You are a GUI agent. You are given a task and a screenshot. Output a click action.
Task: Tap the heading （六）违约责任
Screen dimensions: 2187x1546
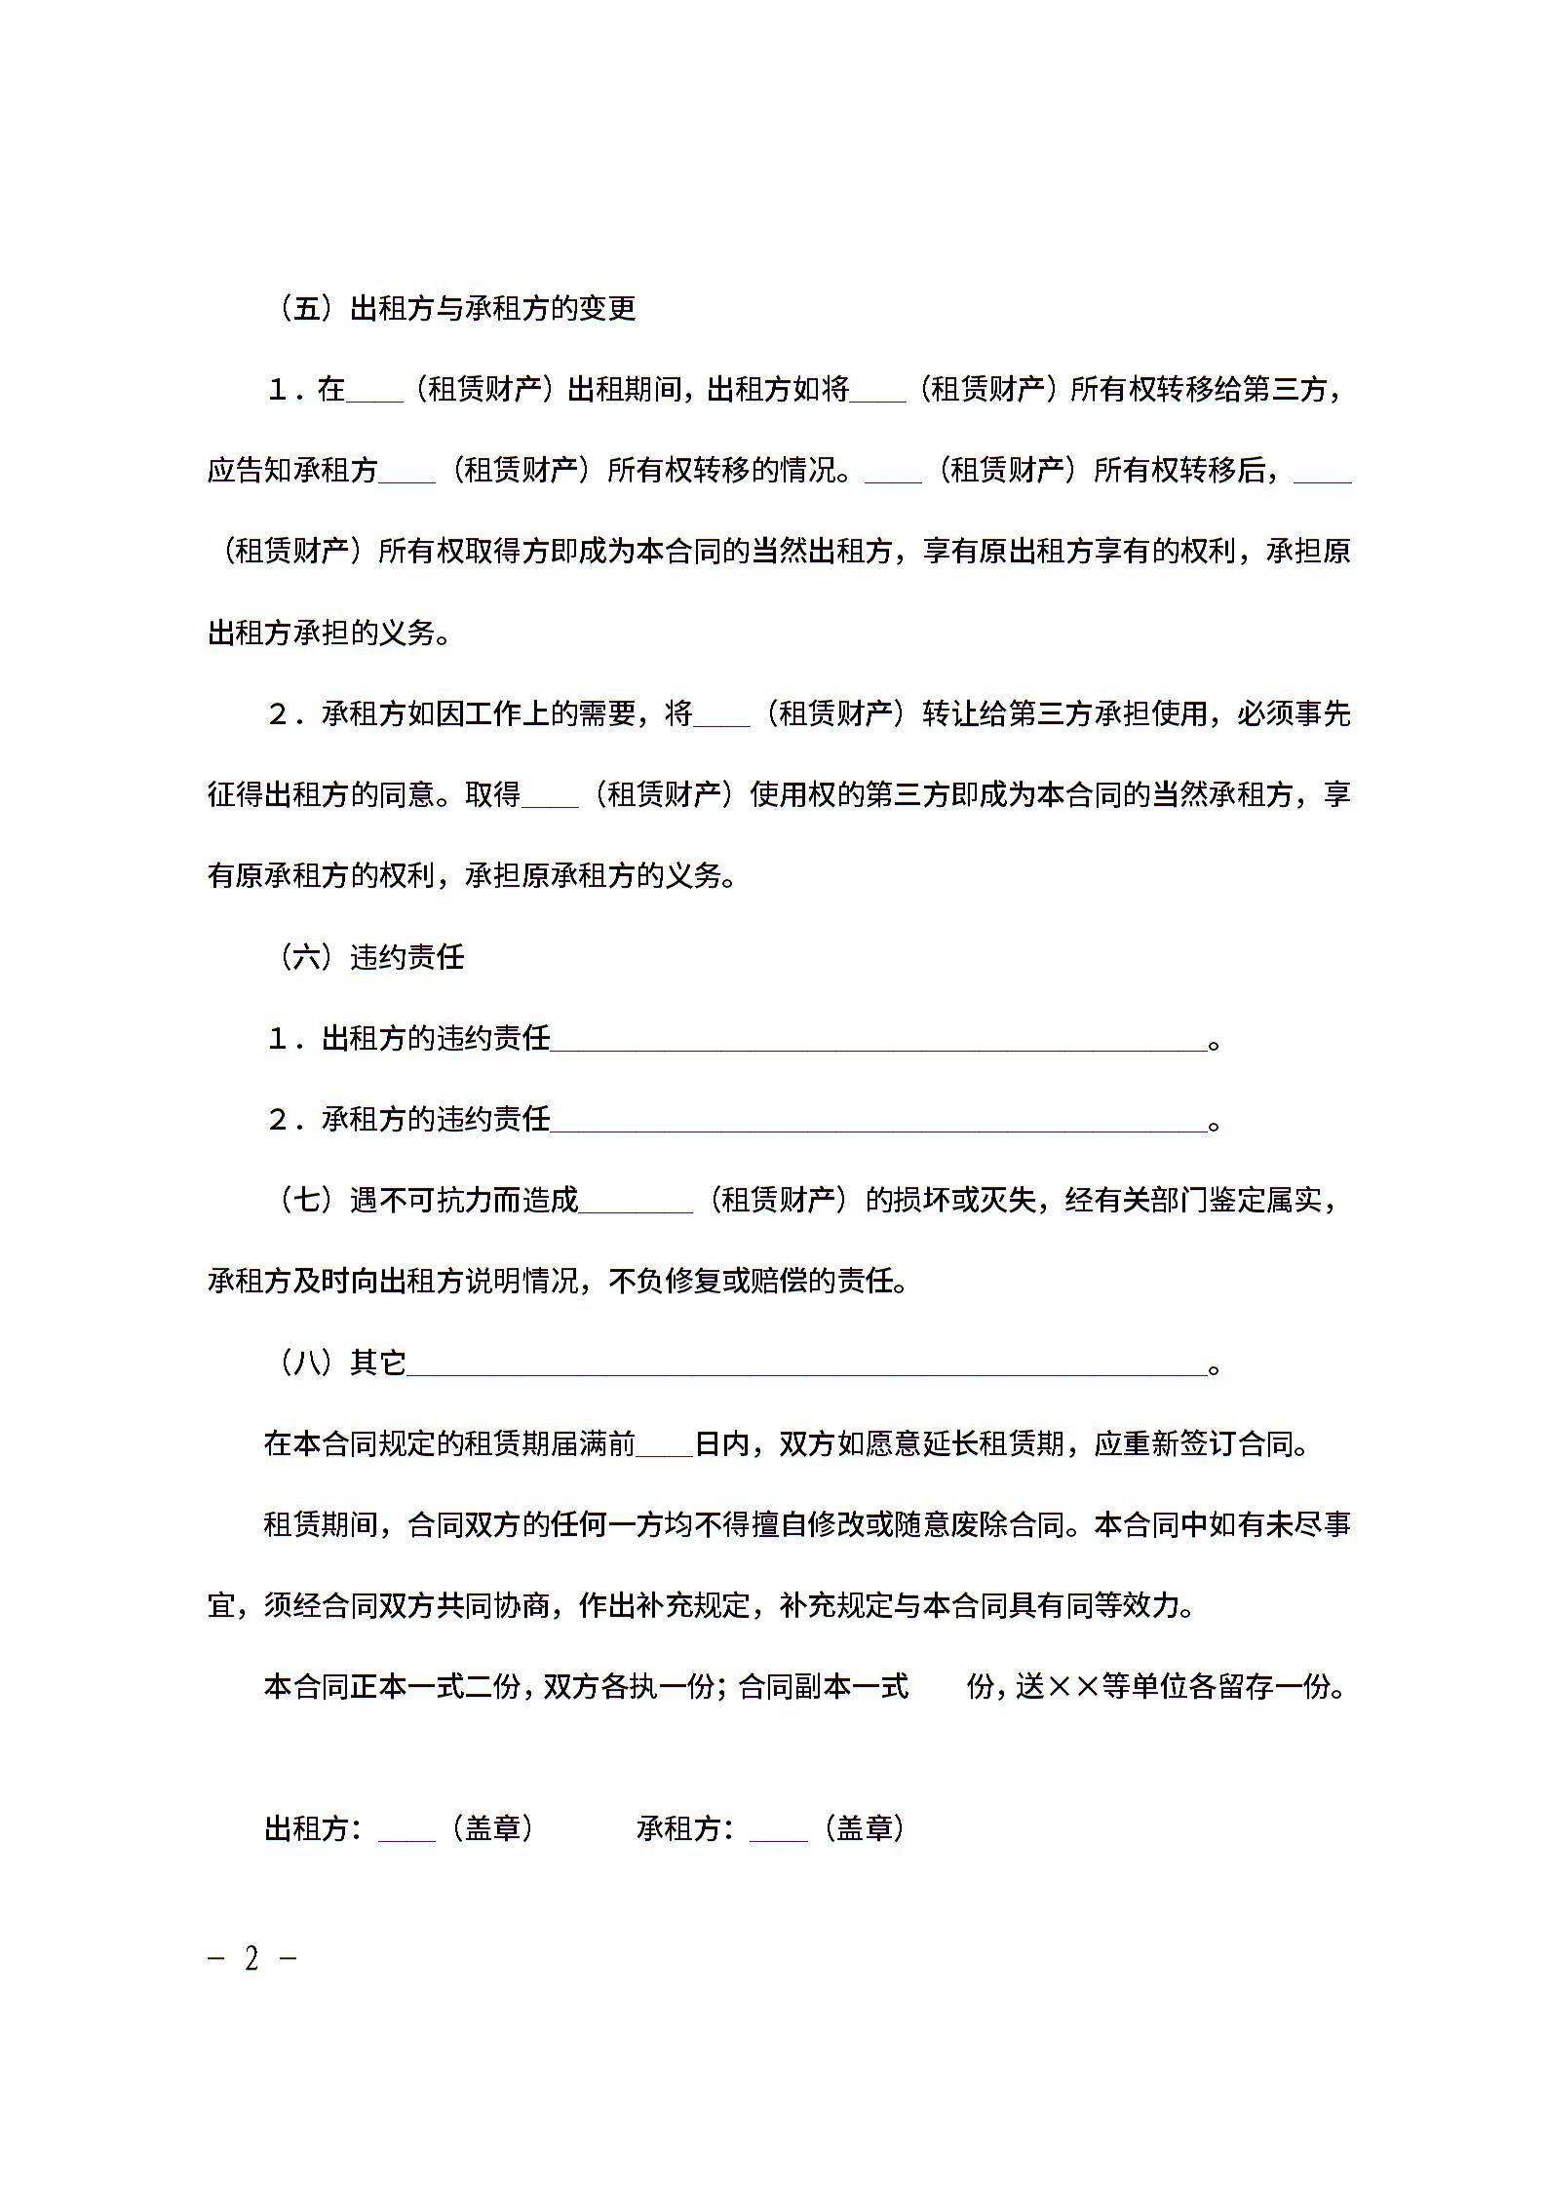pos(371,958)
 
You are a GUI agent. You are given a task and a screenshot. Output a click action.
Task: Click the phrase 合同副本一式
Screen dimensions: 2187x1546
pos(824,1687)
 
